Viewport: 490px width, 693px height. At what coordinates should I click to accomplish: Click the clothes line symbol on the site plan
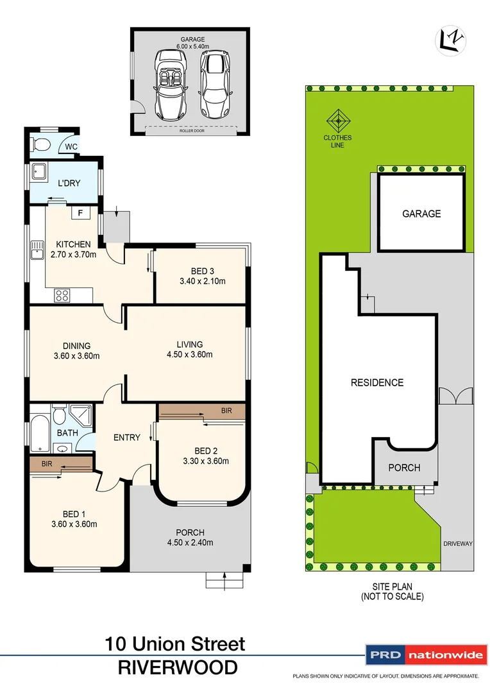click(337, 121)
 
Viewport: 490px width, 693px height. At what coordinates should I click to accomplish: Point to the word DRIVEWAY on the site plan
click(457, 543)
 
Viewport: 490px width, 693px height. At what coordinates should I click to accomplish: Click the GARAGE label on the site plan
click(421, 214)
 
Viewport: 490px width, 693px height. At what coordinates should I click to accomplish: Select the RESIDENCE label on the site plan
click(377, 382)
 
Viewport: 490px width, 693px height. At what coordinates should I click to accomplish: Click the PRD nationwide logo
click(425, 655)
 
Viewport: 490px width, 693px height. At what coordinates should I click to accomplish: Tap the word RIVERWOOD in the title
click(177, 667)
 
